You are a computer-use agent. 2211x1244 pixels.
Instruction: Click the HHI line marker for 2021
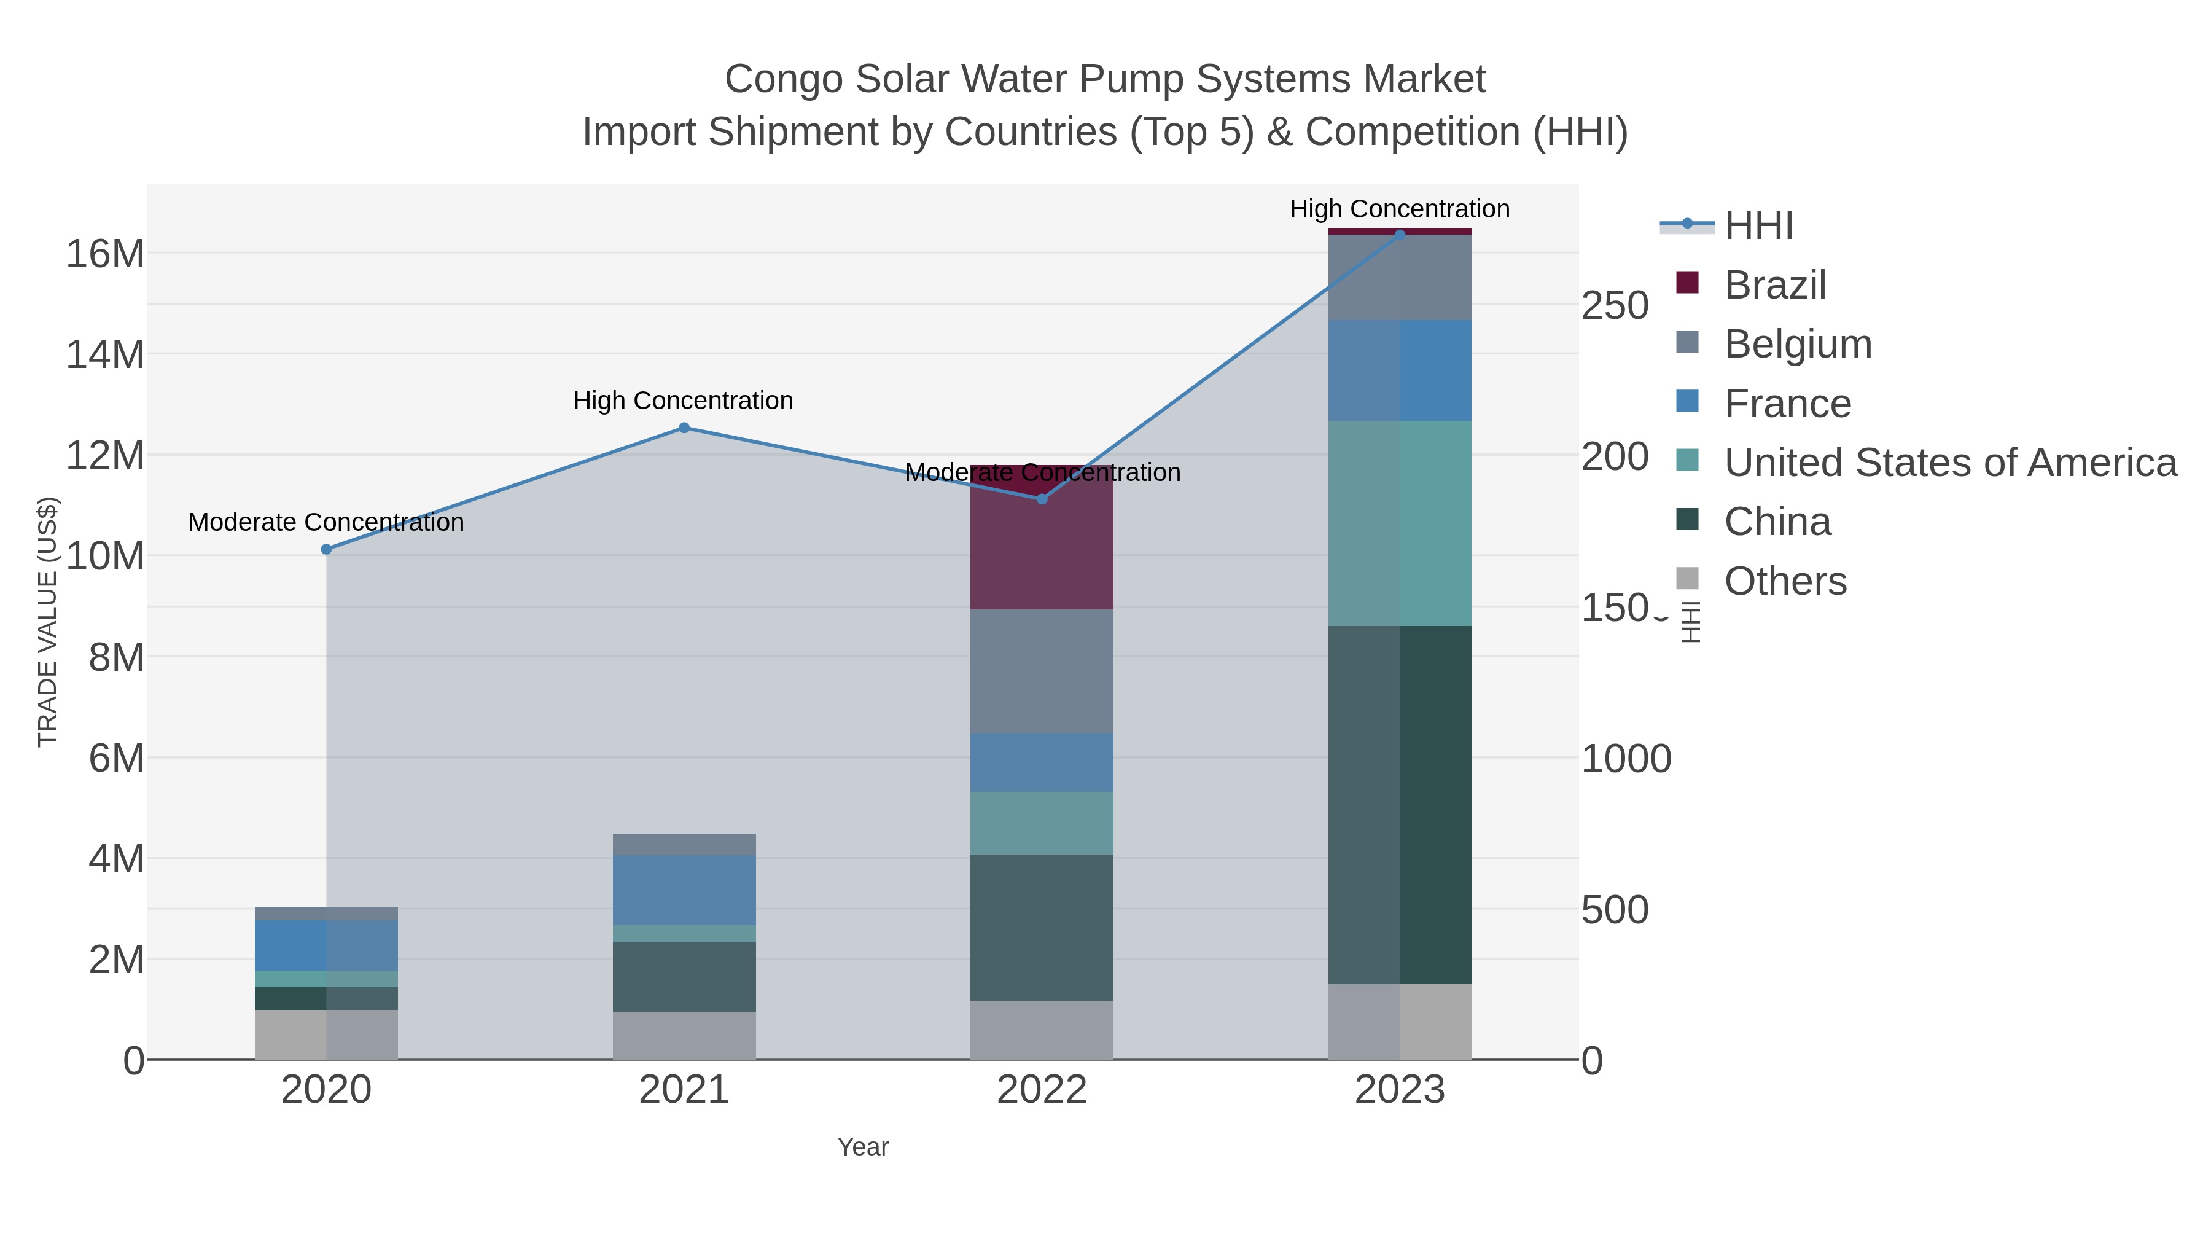(x=684, y=428)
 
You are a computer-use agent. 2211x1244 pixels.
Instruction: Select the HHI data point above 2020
(x=326, y=549)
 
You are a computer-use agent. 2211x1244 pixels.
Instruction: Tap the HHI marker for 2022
(x=1042, y=499)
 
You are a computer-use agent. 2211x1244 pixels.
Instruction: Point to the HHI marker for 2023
(x=1400, y=235)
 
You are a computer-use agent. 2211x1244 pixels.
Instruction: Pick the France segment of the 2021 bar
(x=684, y=890)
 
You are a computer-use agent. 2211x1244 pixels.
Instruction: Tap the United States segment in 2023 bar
(x=1400, y=523)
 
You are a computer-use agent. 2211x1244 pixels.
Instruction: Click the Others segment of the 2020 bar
(x=326, y=1035)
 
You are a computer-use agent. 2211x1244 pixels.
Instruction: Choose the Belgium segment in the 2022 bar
(x=1042, y=671)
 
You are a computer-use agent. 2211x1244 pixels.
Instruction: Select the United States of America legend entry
(x=1948, y=463)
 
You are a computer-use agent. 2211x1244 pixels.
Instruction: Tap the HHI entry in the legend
(x=1757, y=226)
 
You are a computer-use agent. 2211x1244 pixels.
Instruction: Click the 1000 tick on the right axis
(x=1626, y=759)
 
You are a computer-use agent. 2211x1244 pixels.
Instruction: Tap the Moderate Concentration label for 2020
(x=326, y=522)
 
